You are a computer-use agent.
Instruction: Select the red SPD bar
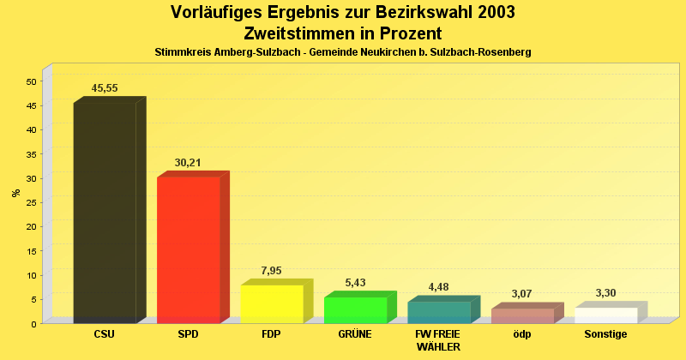click(x=188, y=249)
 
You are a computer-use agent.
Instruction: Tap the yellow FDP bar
click(x=272, y=303)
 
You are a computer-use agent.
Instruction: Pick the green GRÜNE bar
click(x=355, y=309)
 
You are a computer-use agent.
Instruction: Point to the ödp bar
click(x=522, y=315)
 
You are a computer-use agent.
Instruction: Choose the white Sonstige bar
click(x=605, y=315)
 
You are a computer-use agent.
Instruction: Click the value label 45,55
click(x=105, y=88)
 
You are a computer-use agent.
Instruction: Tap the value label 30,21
click(x=188, y=162)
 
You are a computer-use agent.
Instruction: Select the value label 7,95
click(x=271, y=271)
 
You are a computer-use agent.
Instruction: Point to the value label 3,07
click(x=521, y=294)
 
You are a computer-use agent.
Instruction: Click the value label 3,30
click(x=605, y=293)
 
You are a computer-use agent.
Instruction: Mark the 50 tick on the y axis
click(x=31, y=81)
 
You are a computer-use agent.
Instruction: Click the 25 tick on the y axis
click(x=31, y=202)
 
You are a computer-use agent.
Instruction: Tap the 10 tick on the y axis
click(x=31, y=275)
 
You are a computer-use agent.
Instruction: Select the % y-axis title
click(x=15, y=193)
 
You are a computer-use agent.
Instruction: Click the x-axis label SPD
click(x=188, y=334)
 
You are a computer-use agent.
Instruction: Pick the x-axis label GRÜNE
click(x=355, y=334)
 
